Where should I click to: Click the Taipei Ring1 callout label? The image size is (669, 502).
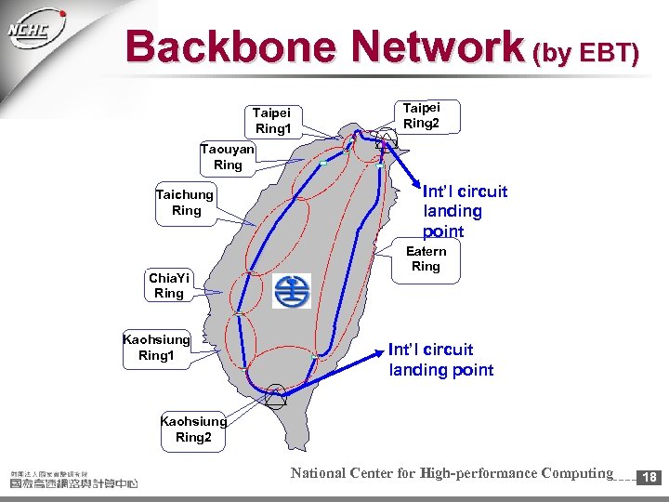273,120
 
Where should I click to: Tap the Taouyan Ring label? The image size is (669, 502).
228,157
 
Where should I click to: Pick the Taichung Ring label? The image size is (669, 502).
186,203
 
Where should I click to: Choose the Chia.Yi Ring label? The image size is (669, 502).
169,285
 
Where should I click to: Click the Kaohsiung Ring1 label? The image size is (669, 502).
156,347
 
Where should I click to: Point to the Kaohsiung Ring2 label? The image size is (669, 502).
193,429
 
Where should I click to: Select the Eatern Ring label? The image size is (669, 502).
426,259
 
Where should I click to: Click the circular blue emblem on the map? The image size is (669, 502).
292,292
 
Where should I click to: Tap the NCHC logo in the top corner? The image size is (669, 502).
35,33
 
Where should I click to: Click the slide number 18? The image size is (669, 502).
649,476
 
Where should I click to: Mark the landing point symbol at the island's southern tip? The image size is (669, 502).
276,396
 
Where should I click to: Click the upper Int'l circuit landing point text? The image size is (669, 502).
465,211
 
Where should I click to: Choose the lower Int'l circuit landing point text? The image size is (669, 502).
440,360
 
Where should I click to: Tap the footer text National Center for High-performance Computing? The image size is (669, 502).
452,473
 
